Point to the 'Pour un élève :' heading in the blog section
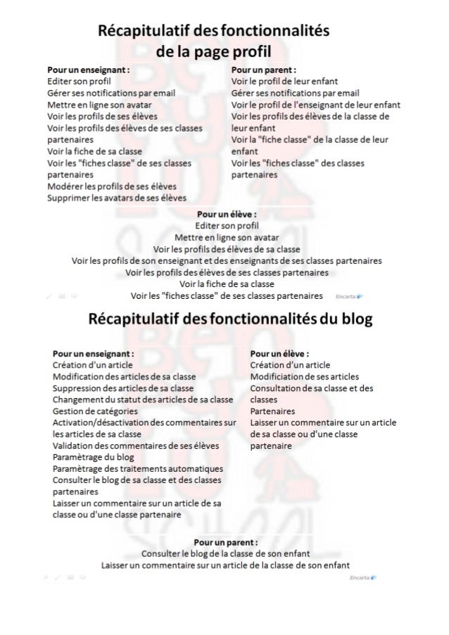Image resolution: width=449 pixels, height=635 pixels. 280,354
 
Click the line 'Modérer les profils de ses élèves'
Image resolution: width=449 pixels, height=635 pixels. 110,186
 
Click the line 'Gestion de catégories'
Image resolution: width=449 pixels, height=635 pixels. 95,411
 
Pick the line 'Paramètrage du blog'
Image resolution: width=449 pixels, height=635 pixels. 93,456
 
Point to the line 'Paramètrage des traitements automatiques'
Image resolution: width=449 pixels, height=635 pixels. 138,468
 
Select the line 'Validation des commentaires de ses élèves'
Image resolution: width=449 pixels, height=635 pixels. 136,445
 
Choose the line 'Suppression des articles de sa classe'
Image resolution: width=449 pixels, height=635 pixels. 123,387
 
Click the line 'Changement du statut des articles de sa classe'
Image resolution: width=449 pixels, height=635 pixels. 142,399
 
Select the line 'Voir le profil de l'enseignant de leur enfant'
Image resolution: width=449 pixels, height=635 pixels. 315,105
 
